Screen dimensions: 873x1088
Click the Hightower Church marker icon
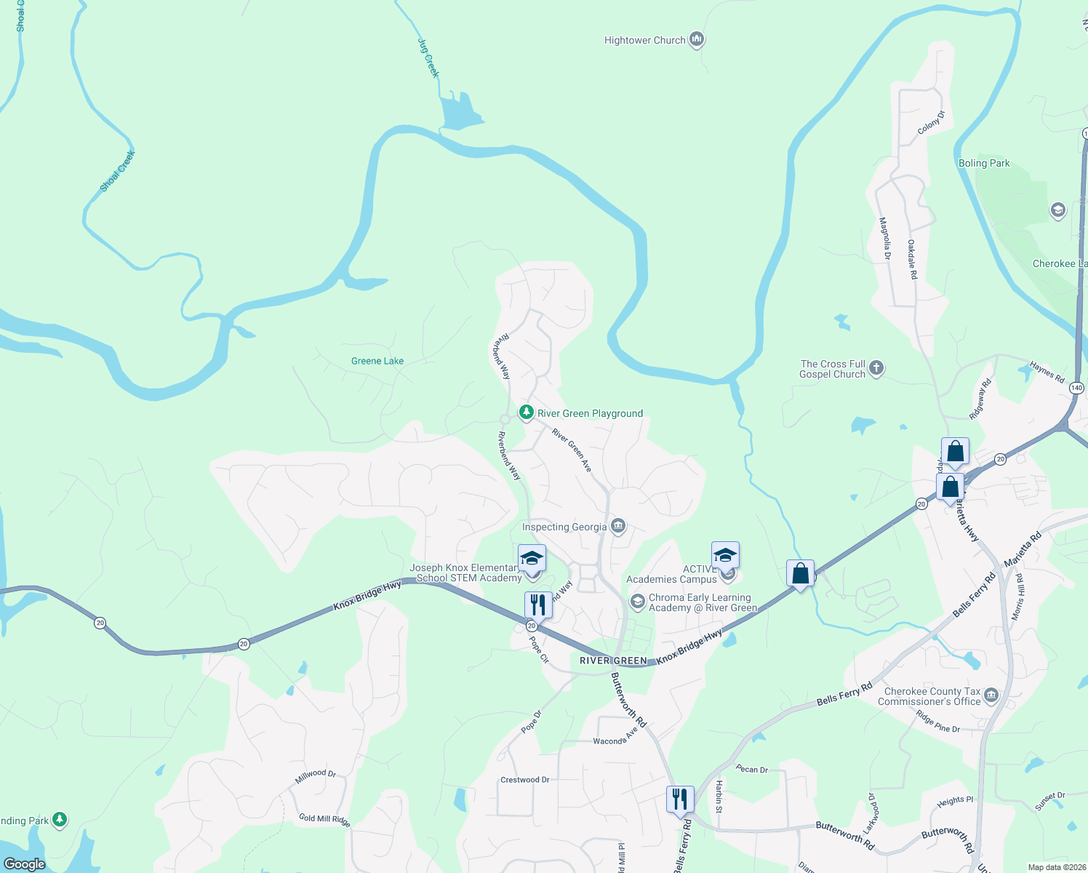697,39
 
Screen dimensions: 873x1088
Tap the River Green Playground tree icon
526,412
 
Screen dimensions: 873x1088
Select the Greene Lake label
377,361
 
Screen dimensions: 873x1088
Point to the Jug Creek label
428,58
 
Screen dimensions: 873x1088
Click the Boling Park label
984,164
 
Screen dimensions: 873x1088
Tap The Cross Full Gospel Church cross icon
876,367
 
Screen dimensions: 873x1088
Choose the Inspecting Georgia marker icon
618,526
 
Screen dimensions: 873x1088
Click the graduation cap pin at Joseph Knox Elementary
532,559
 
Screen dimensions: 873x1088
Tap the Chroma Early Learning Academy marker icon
637,601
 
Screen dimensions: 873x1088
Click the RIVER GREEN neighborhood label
613,661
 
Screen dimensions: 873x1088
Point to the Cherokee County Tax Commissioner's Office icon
991,696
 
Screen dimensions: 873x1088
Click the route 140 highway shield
1076,388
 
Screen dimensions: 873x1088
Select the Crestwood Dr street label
524,780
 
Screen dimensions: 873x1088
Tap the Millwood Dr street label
316,776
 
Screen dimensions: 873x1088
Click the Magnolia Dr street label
885,239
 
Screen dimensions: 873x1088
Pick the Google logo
25,864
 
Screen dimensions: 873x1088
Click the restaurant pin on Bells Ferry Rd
679,800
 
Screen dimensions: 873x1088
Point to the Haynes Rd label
1047,372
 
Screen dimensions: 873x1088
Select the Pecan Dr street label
751,769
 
